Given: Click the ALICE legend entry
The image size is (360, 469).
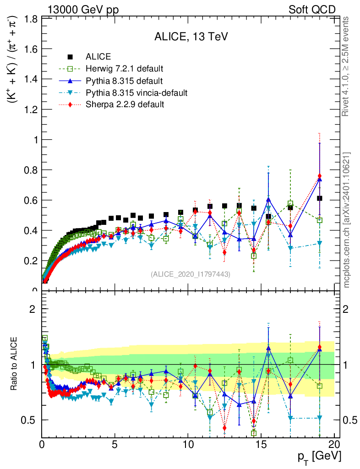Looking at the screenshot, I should [98, 57].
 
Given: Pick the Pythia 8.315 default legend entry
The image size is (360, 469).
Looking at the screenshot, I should [124, 81].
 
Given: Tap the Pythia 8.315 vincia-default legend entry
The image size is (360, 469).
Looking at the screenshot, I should [136, 93].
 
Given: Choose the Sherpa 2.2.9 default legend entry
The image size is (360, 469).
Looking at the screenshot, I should [125, 104].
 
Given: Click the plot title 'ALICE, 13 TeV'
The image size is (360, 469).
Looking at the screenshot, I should [191, 37].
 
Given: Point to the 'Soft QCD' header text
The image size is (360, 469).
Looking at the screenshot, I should [312, 10].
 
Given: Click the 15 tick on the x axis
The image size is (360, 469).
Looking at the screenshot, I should [261, 444].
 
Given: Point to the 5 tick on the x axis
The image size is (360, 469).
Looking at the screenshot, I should [115, 444].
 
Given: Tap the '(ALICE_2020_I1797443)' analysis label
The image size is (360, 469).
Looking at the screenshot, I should [191, 274].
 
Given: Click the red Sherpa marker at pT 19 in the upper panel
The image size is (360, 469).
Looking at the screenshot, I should [319, 176].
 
